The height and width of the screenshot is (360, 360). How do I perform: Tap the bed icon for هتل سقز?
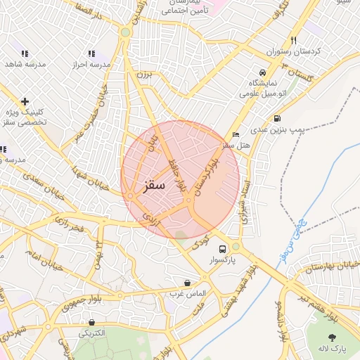point(236,134)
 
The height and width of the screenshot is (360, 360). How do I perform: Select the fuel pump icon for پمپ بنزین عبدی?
point(277,118)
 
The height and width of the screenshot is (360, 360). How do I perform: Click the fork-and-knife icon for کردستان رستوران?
point(293,40)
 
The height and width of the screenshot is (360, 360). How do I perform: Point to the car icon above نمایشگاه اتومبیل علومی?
point(262,72)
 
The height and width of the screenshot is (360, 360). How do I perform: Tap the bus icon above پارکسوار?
point(223,249)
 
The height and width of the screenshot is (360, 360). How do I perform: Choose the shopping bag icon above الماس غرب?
point(186,282)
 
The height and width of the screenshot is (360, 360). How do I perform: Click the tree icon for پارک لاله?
point(332,337)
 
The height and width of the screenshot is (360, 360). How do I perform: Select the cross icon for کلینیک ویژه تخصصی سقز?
point(25,101)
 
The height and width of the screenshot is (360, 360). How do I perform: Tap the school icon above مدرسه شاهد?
point(25,53)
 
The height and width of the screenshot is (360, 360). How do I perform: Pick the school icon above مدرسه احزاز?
point(91,53)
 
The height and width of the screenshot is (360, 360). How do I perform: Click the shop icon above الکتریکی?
point(92,322)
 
